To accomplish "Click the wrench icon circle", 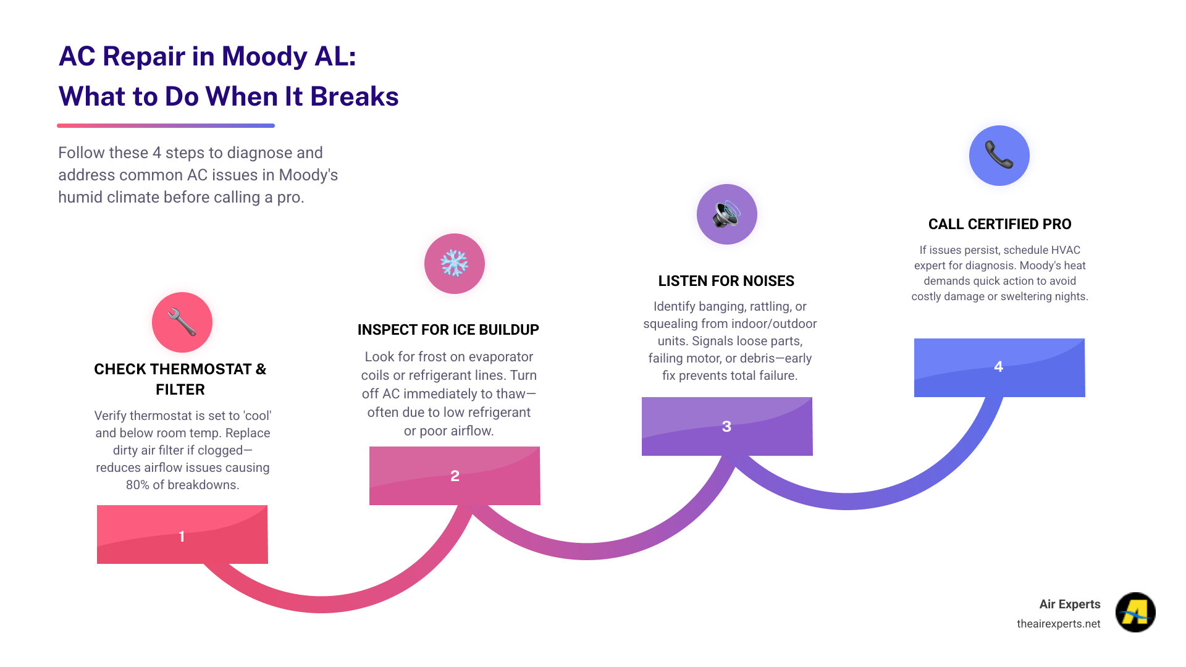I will [x=182, y=322].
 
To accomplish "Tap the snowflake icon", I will [x=454, y=263].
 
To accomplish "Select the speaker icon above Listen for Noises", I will [x=726, y=214].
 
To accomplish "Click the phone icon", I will [x=999, y=155].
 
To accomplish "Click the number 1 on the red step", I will [x=182, y=536].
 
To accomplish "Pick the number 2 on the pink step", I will [x=455, y=476].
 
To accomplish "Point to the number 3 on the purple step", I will [x=726, y=427].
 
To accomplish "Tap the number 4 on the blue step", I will [x=998, y=367].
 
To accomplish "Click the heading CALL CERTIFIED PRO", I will [x=999, y=224].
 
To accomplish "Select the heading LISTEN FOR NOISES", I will [x=726, y=281].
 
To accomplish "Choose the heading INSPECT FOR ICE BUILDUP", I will [x=448, y=330].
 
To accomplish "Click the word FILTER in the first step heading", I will [x=180, y=390].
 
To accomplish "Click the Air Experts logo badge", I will [x=1135, y=612].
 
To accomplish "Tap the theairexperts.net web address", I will [x=1058, y=624].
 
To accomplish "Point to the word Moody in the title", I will [x=264, y=57].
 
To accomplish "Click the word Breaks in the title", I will [x=354, y=97].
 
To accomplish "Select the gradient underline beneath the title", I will [x=166, y=125].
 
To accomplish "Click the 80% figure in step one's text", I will [x=137, y=485].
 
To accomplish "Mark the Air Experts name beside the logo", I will [x=1069, y=604].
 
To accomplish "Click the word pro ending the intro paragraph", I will [x=290, y=198].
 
